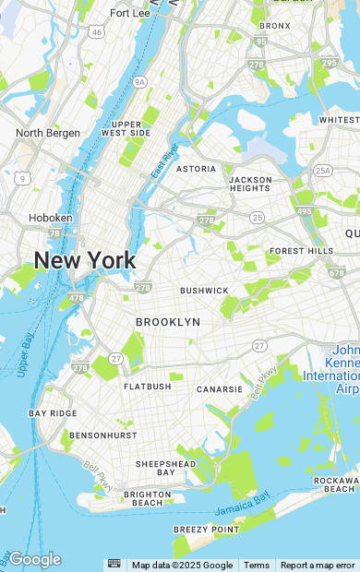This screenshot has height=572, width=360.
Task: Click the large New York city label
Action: [x=85, y=260]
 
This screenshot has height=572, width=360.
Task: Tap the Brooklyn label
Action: [x=168, y=322]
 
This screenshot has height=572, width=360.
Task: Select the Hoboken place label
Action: [x=51, y=218]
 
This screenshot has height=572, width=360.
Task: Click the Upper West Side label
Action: [x=126, y=128]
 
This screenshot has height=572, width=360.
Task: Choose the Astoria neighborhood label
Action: [x=196, y=169]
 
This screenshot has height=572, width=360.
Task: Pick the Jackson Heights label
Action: [x=250, y=183]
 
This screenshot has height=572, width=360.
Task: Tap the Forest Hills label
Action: [x=302, y=251]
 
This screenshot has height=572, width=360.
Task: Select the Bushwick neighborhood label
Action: [x=204, y=291]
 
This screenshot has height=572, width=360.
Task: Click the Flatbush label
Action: [x=148, y=387]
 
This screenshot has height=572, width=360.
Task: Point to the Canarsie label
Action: [x=220, y=389]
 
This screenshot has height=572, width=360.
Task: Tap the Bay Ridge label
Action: [x=54, y=413]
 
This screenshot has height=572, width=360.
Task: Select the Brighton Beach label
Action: [x=148, y=499]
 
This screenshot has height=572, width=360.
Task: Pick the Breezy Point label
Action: [x=207, y=530]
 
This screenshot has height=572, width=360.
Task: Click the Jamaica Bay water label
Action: [x=242, y=505]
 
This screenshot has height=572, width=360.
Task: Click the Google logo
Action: [x=34, y=559]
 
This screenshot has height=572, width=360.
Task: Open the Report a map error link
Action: [x=318, y=566]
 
